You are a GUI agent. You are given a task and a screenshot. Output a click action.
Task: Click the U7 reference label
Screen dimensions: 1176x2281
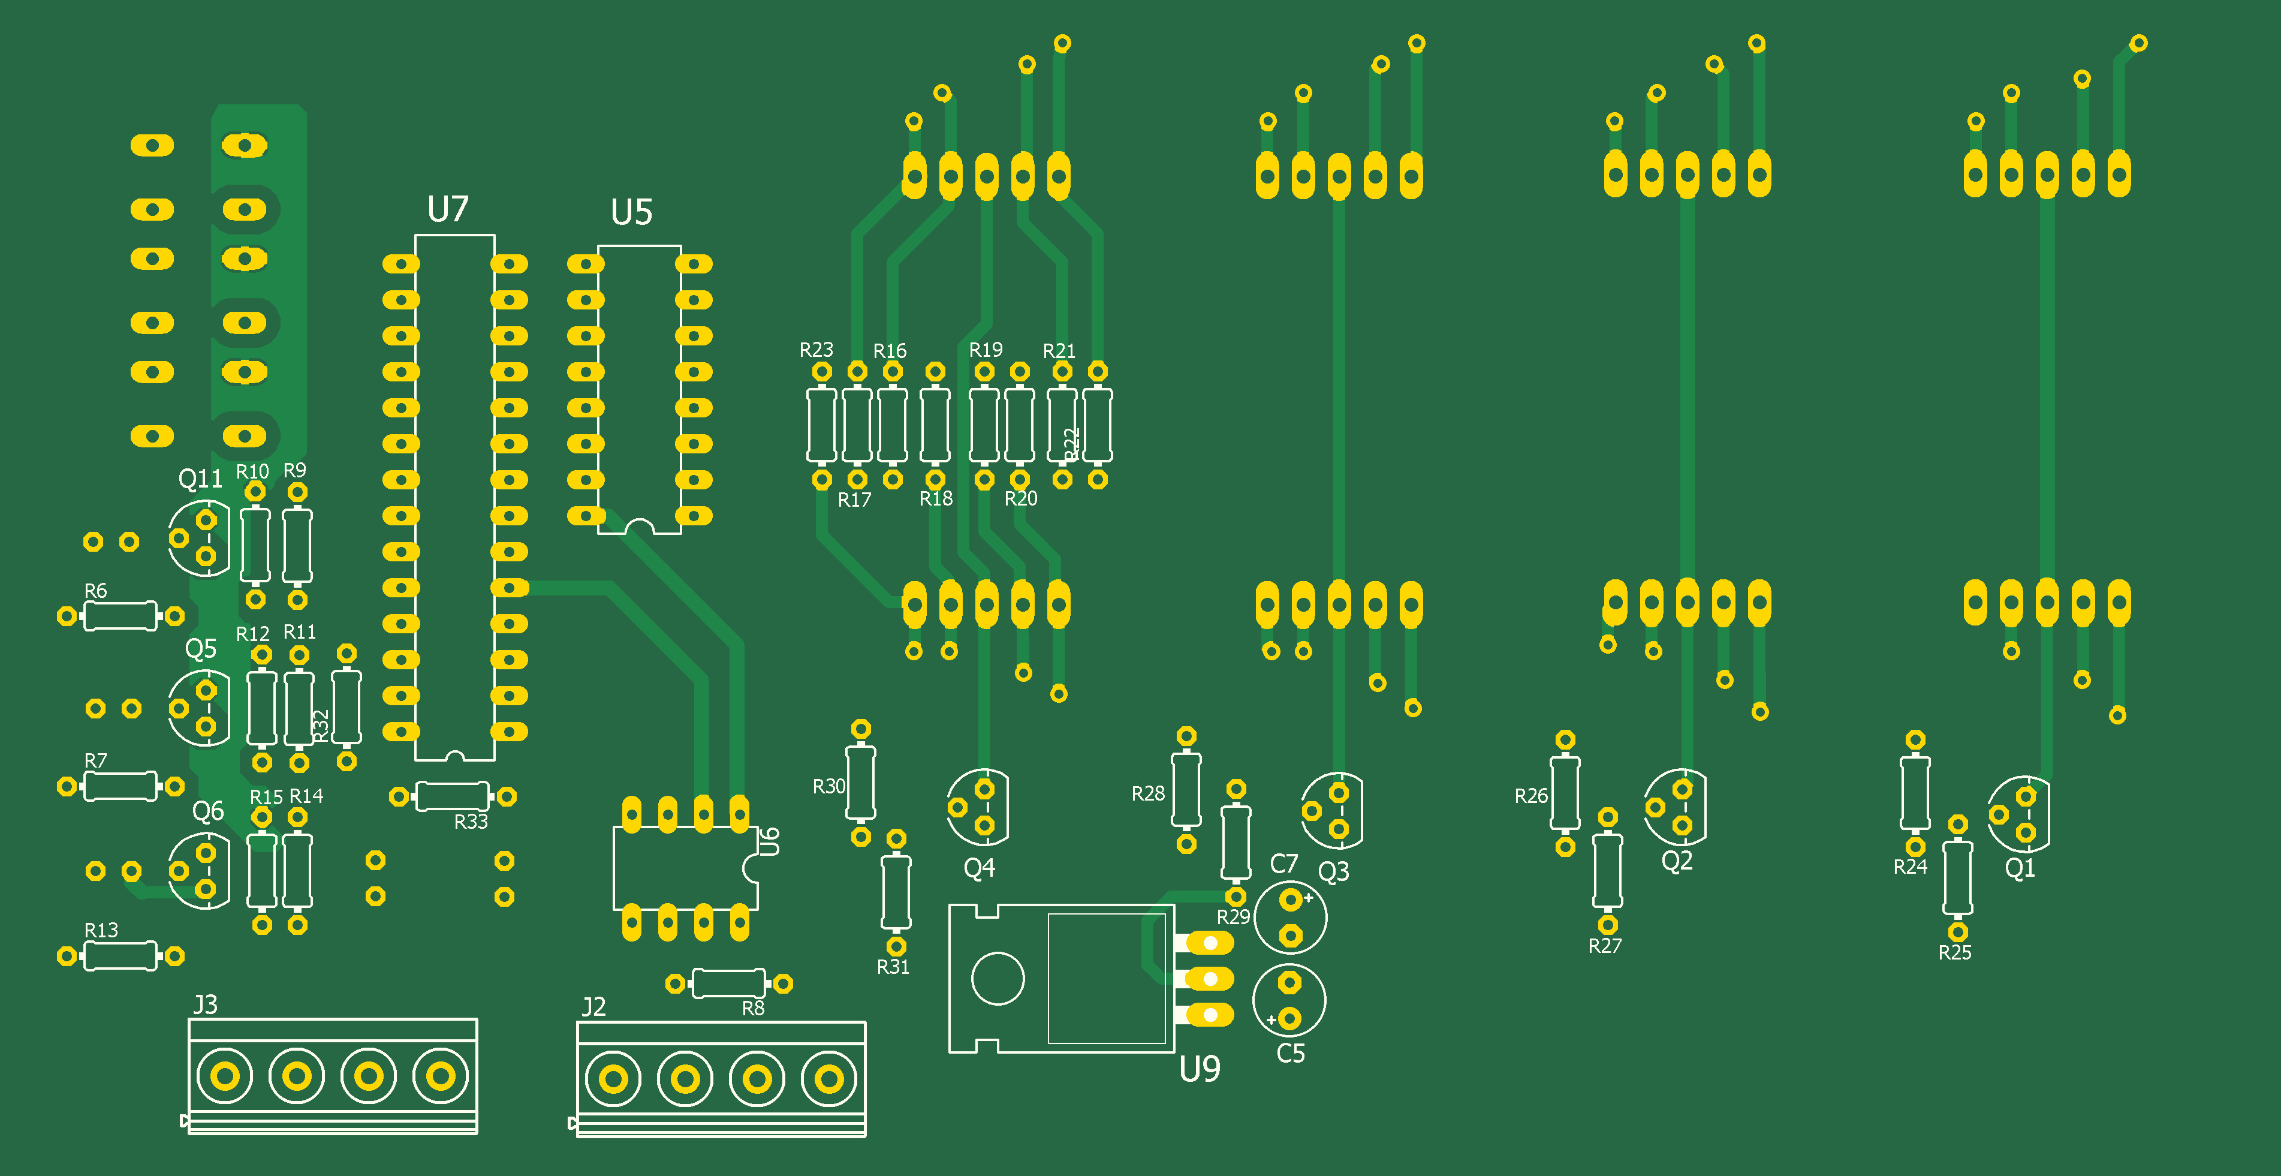pos(447,210)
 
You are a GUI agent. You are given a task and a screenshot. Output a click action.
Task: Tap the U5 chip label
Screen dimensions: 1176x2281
pos(631,212)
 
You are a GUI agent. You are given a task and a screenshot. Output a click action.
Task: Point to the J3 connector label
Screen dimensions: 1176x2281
pos(206,1005)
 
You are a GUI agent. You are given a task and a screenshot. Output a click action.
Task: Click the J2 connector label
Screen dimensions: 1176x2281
pos(593,1007)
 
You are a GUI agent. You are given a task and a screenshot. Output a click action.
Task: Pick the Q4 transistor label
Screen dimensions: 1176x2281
pos(980,868)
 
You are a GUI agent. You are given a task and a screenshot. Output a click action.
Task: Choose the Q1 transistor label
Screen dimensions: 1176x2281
pos(2020,868)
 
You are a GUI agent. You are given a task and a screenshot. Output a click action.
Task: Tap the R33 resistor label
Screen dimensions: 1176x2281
pos(471,822)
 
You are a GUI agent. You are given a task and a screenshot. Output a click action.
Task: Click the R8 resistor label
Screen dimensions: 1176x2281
pos(753,1007)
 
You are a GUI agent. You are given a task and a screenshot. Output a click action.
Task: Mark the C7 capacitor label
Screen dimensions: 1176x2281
pos(1284,864)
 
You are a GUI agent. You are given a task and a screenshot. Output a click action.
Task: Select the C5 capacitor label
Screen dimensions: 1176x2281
pos(1290,1054)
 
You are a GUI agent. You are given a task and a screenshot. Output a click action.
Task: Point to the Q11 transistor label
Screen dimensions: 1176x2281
pos(200,479)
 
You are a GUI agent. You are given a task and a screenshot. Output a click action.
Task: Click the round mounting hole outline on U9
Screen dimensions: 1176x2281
pos(998,979)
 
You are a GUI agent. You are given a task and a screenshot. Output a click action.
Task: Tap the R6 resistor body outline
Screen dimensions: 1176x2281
pos(120,615)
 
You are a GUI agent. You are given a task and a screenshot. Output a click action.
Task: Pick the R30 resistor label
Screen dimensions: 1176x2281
pos(829,786)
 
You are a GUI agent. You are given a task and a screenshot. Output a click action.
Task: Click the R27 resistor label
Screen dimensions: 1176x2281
pos(1604,946)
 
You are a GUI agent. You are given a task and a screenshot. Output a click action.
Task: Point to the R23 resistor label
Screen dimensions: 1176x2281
pos(815,350)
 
